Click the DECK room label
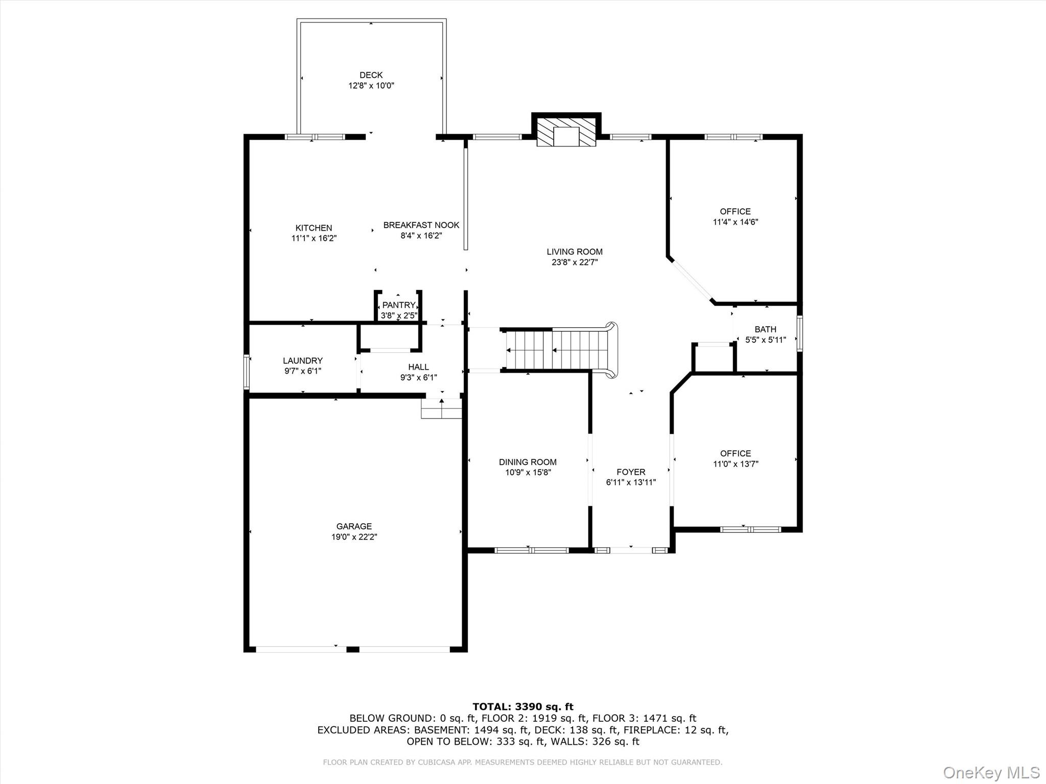click(371, 75)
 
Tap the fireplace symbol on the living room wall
click(566, 132)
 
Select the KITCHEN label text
click(314, 228)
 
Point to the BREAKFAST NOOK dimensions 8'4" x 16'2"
click(421, 236)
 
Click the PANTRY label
click(398, 305)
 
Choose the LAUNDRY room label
click(302, 360)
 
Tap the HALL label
click(418, 366)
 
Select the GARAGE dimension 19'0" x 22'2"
click(354, 537)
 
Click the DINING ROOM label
click(528, 462)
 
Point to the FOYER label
click(631, 472)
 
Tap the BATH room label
click(765, 329)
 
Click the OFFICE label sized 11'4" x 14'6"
click(735, 211)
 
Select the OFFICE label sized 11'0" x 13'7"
click(735, 453)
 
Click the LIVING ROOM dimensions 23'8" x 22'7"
click(575, 262)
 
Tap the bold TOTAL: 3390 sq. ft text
click(522, 706)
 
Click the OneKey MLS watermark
click(991, 772)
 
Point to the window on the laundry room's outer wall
click(246, 373)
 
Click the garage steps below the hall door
click(441, 409)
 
